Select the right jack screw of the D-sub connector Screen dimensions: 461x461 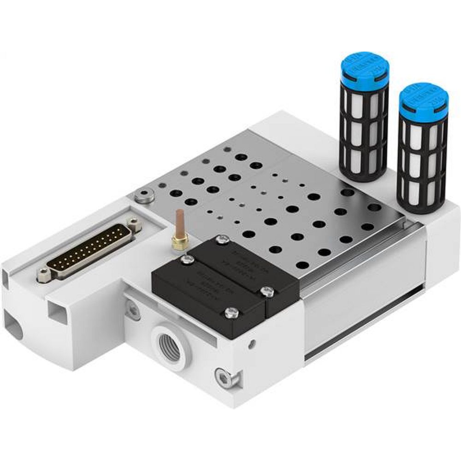[x=134, y=224]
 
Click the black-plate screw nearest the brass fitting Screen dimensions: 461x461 [x=187, y=260]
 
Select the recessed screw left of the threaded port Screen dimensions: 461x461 [x=133, y=310]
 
